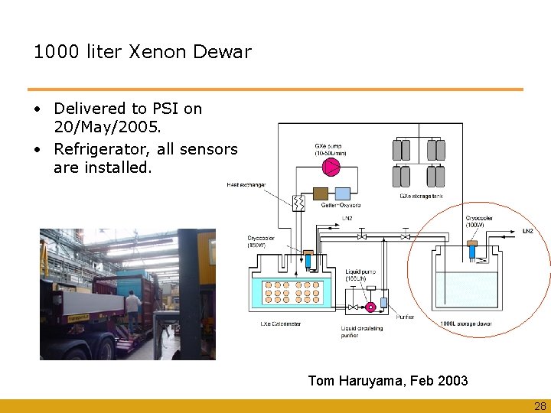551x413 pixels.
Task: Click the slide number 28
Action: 540,406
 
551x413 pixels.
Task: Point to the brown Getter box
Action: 320,193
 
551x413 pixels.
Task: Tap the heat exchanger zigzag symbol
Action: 298,203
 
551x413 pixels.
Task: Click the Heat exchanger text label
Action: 246,184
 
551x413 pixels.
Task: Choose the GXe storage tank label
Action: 421,197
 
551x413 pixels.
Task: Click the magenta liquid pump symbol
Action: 370,307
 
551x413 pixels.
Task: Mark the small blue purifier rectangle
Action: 383,302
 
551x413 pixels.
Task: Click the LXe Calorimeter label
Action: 281,324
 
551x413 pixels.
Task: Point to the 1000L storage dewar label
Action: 466,324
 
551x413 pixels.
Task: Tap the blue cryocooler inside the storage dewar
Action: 471,251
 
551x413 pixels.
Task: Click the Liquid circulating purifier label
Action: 361,332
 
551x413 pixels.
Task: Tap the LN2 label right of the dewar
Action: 528,231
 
